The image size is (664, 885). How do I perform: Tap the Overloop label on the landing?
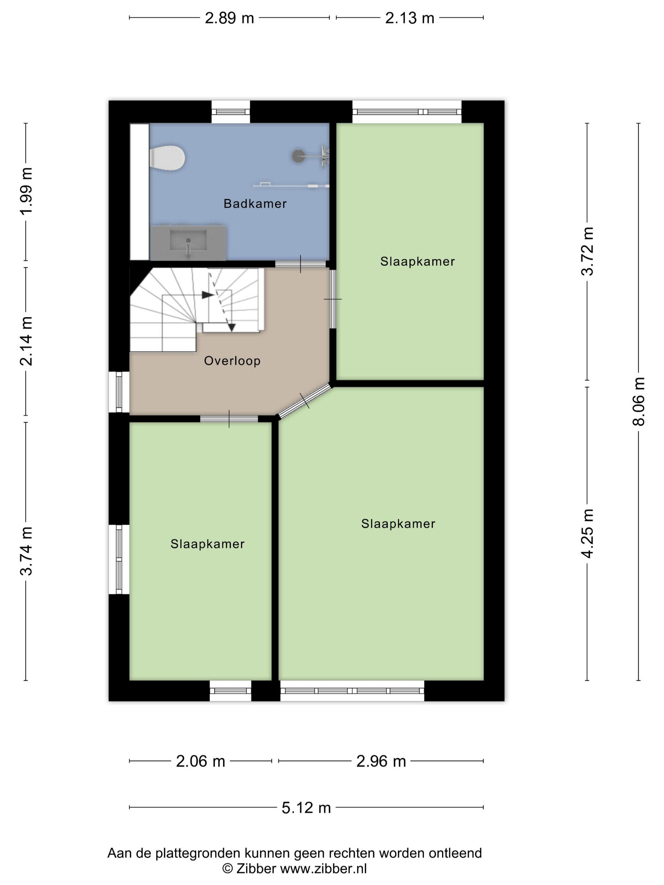point(232,361)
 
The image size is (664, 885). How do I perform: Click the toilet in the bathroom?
point(167,158)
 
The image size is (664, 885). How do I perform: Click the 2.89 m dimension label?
point(229,18)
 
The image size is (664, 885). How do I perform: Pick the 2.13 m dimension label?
point(409,18)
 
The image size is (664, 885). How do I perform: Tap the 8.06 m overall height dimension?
point(638,401)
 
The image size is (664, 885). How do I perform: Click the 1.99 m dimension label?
point(27,191)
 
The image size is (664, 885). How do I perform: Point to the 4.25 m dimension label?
point(587,533)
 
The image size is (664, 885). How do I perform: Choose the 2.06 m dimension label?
point(200,761)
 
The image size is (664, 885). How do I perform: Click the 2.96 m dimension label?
point(381,761)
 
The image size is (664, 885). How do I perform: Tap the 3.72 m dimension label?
point(587,251)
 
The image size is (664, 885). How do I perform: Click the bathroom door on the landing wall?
point(301,264)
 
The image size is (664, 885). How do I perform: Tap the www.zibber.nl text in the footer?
point(323,869)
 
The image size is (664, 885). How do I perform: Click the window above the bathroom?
point(231,112)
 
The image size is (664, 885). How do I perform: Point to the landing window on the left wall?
point(119,392)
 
